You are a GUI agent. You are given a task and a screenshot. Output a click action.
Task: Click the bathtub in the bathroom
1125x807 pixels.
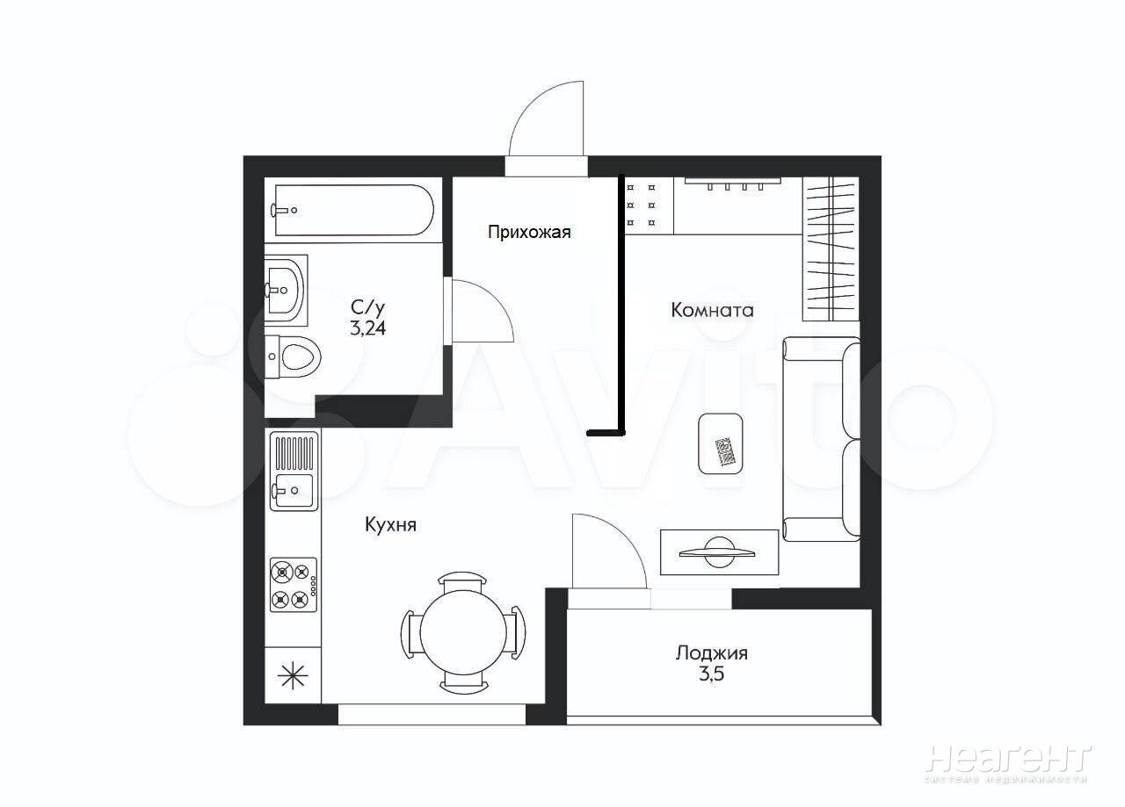coord(354,210)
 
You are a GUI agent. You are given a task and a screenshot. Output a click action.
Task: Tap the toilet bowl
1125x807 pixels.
coord(293,357)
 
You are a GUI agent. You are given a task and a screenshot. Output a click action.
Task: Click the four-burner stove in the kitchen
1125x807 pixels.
coord(294,585)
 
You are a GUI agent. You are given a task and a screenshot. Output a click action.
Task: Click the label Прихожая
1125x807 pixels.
coord(529,233)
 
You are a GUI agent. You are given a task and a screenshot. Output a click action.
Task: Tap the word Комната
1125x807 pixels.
coord(712,310)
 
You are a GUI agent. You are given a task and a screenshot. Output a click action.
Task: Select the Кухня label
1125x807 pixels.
coord(391,525)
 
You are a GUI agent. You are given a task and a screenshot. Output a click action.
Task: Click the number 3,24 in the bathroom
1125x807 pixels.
coord(368,328)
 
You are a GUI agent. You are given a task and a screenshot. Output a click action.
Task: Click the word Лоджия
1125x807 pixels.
coord(712,653)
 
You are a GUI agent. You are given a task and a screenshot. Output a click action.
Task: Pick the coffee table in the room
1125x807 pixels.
coord(721,443)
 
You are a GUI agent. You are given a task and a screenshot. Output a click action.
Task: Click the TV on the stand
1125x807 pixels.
coord(717,552)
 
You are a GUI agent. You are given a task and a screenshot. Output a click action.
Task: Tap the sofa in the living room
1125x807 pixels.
coord(821,439)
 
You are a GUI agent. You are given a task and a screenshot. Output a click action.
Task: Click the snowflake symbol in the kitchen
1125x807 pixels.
coord(294,675)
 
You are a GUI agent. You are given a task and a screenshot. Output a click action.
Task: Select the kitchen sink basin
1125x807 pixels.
coord(293,490)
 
